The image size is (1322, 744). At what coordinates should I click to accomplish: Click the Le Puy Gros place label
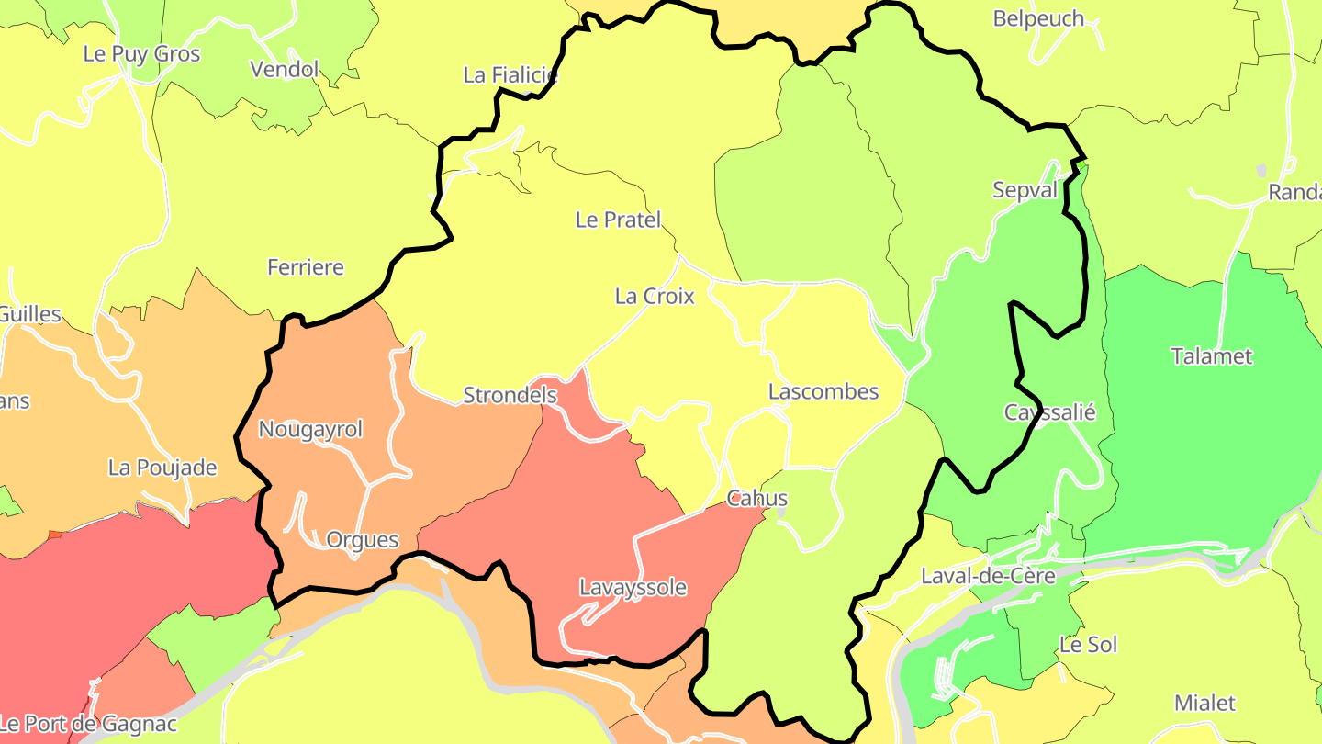tap(141, 54)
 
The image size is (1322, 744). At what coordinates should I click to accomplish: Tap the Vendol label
tap(285, 70)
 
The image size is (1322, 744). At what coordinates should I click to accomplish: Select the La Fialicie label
tap(510, 75)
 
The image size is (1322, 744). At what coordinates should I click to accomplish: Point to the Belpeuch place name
tap(1038, 18)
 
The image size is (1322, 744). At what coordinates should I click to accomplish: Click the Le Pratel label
tap(618, 220)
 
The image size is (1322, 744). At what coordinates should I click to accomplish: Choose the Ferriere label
tap(306, 267)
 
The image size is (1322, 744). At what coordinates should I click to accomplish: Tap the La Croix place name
tap(655, 296)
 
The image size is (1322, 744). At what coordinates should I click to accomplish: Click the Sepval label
tap(1025, 190)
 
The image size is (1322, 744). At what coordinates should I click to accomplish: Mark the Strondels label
tap(510, 395)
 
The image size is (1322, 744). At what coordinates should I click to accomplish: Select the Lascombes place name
tap(823, 391)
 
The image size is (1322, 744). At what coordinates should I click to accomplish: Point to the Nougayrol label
tap(310, 429)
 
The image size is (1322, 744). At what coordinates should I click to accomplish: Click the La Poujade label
tap(162, 468)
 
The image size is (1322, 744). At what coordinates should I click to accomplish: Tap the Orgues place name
tap(363, 540)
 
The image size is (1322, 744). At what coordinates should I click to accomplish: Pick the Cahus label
tap(756, 499)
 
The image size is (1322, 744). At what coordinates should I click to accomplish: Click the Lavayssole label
tap(633, 587)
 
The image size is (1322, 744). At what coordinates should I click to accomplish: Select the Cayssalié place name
tap(1049, 412)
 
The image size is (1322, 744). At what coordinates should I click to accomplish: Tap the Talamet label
tap(1212, 356)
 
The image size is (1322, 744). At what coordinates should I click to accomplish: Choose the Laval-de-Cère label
tap(988, 577)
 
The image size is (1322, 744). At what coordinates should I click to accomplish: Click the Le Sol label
tap(1088, 645)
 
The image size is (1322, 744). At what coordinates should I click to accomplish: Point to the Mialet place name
tap(1205, 704)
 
